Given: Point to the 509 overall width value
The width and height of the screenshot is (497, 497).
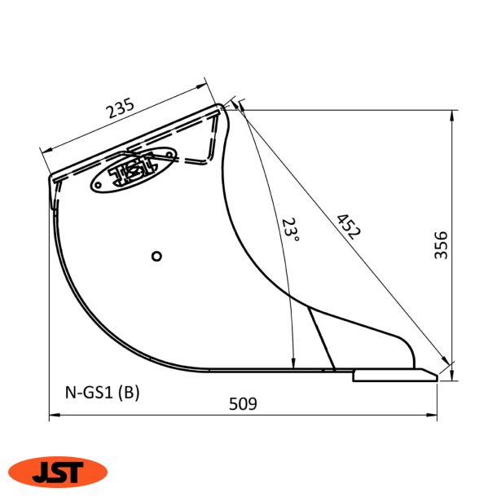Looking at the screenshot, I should [x=243, y=403].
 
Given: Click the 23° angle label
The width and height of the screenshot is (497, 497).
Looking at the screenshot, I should [x=291, y=231].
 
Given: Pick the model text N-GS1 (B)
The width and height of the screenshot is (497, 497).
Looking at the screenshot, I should [x=102, y=392].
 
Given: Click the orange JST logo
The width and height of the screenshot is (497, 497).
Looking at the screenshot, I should [x=57, y=470].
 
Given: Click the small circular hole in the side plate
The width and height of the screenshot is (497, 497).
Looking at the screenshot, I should [x=157, y=256].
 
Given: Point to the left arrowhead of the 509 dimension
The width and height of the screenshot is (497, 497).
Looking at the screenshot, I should [x=53, y=416].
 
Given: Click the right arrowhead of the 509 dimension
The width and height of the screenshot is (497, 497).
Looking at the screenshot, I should [x=434, y=416].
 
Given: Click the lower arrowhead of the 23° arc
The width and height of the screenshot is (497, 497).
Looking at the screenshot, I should [x=292, y=364].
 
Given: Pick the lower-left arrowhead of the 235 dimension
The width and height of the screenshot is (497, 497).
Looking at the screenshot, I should [x=46, y=149].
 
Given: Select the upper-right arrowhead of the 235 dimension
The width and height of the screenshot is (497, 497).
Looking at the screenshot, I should [x=201, y=86].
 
